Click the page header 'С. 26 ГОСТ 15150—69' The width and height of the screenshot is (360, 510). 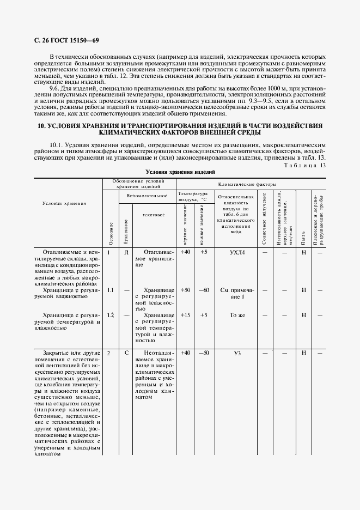click(x=60, y=40)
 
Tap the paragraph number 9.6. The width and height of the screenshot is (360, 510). click(x=55, y=88)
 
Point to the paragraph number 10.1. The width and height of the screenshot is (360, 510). click(x=57, y=145)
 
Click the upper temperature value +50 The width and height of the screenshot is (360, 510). click(x=185, y=290)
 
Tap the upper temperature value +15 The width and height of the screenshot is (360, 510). click(x=185, y=315)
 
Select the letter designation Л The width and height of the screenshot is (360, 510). click(x=126, y=252)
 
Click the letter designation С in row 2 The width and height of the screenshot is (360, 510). click(x=126, y=353)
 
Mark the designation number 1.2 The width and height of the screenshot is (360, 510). click(x=110, y=315)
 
